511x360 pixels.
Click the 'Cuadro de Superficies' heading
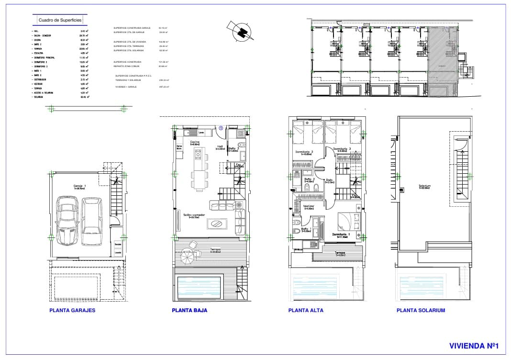point(60,20)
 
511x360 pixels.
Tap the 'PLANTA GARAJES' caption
point(72,310)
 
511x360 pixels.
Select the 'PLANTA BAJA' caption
point(189,310)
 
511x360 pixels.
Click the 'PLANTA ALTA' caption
point(306,310)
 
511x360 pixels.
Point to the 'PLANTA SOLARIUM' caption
point(421,310)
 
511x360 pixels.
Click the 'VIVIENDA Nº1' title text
point(474,345)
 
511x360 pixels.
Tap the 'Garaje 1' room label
point(79,186)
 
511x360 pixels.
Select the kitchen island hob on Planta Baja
point(197,154)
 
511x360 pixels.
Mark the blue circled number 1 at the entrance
point(221,128)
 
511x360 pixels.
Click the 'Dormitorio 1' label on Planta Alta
point(342,235)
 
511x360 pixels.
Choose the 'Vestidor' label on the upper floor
point(309,206)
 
